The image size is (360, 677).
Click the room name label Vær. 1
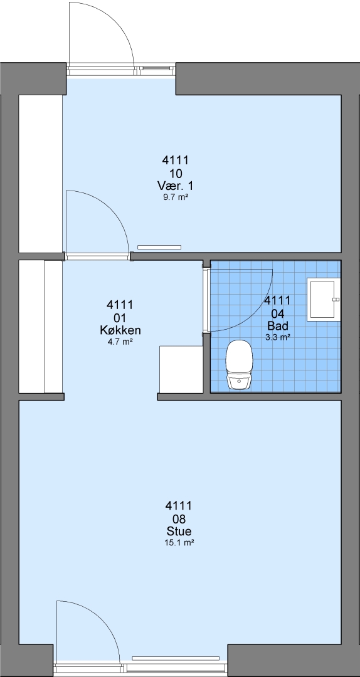[x=176, y=186]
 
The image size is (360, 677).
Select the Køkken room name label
[x=120, y=331]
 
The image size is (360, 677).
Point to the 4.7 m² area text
[x=120, y=342]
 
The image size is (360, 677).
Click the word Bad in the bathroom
[x=277, y=325]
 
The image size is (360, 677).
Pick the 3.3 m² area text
[x=277, y=337]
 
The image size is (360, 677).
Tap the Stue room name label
[x=179, y=531]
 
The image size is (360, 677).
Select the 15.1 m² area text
[x=179, y=543]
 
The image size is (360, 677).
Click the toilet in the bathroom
[x=239, y=365]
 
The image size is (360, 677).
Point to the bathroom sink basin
[x=323, y=300]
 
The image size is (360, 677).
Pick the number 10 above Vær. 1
[x=176, y=174]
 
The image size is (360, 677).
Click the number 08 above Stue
[x=179, y=518]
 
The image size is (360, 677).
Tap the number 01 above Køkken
[x=120, y=318]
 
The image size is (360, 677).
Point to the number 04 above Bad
[x=277, y=313]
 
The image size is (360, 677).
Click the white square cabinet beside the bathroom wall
[x=181, y=369]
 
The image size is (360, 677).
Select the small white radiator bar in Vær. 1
[x=159, y=247]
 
